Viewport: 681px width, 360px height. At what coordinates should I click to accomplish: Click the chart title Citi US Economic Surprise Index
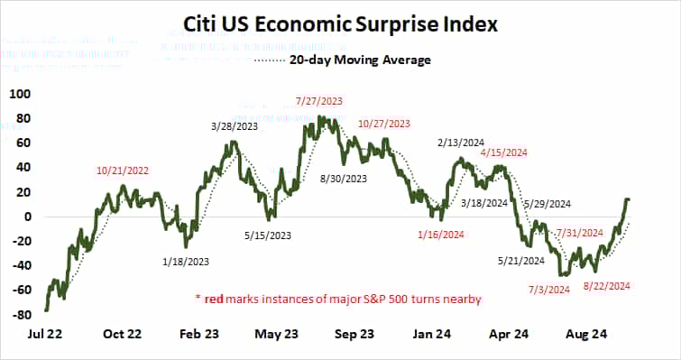click(x=341, y=23)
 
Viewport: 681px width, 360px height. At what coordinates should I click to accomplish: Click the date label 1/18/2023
click(x=187, y=262)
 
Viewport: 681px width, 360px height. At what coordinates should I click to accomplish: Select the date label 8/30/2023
click(x=345, y=179)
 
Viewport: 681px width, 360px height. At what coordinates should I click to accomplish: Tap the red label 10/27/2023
click(x=383, y=124)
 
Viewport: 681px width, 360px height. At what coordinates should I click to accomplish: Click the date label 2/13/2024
click(x=462, y=143)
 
